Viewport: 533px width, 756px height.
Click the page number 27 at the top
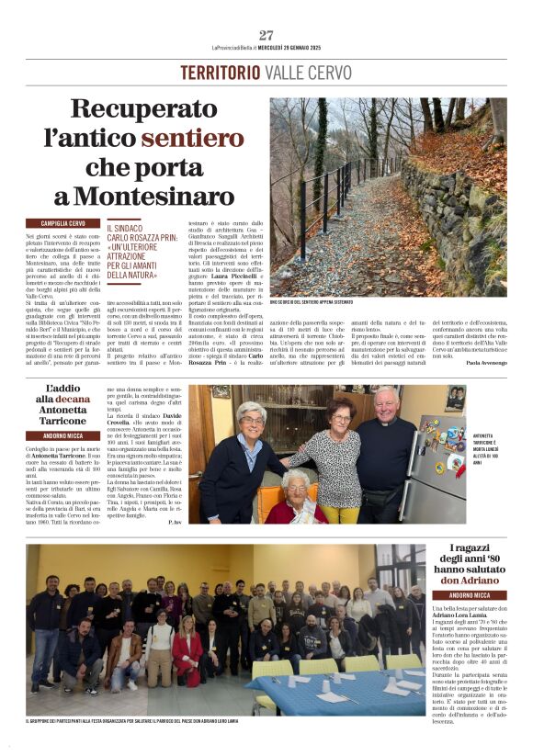click(266, 36)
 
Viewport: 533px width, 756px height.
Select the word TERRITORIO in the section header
click(221, 73)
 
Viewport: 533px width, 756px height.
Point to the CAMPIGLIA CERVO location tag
click(62, 223)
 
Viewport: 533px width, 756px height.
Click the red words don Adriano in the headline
click(467, 580)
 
